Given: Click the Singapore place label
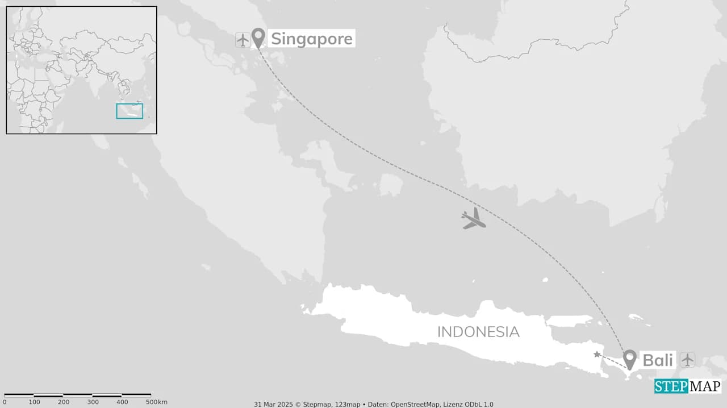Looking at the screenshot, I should point(311,39).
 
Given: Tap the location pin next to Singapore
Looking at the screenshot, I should point(258,38).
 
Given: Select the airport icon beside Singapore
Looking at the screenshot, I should point(243,40).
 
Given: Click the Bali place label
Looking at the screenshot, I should point(658,360).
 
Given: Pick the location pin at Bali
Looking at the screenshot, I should point(629,359).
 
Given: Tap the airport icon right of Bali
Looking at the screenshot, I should point(687,360).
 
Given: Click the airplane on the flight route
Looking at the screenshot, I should point(474,219).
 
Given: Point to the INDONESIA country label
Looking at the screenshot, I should point(478,332).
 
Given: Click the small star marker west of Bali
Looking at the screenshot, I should point(597,355).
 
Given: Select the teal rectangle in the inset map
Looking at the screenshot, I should point(129,111).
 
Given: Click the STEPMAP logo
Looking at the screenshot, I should point(688,386).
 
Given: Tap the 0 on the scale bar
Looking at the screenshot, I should point(5,402).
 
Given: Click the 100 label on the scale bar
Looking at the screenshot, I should point(35,402).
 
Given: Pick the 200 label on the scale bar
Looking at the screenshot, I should point(64,402).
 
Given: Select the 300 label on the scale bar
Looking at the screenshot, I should point(93,402).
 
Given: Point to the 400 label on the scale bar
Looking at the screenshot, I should point(122,402).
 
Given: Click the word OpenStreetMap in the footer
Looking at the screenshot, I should point(414,404).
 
